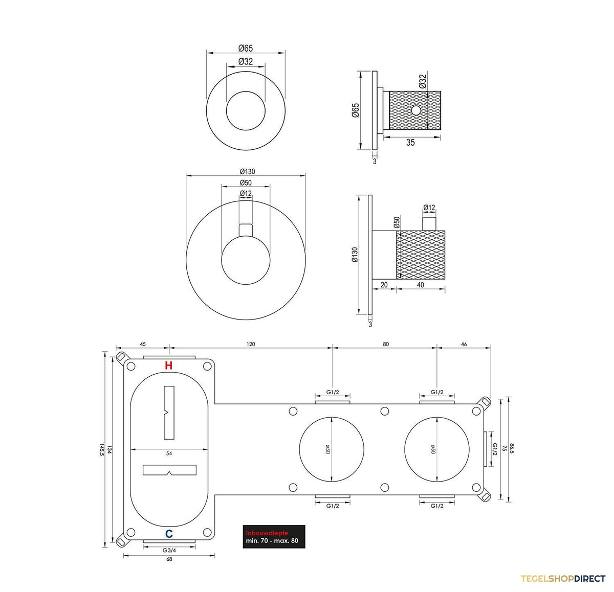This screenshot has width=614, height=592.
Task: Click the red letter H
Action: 169,366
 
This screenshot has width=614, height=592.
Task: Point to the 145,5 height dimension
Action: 101,451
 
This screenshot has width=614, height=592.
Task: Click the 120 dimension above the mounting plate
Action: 251,344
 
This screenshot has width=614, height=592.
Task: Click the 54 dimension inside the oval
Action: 169,453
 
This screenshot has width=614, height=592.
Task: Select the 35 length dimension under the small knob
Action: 410,143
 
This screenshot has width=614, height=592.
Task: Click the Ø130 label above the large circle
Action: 247,171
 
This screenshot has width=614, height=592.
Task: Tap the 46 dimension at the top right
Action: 464,344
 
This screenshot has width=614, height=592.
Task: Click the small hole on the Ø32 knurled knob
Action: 416,110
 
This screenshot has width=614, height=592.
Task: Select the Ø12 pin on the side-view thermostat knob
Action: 429,224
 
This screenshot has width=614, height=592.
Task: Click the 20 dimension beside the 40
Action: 384,285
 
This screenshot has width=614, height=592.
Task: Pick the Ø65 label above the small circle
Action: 246,48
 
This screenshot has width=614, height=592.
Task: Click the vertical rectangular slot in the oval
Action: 169,413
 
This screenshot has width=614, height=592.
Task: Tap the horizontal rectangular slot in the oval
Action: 169,470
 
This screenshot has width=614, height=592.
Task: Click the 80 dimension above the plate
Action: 386,344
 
